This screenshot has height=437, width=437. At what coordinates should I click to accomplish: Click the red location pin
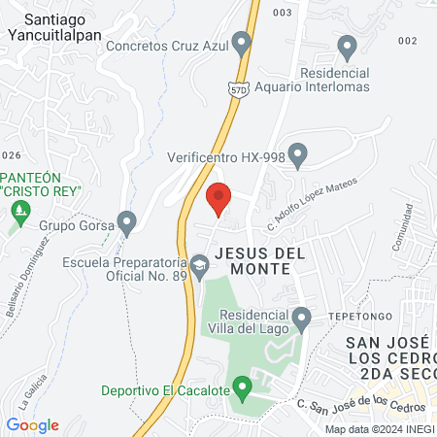[x=219, y=197]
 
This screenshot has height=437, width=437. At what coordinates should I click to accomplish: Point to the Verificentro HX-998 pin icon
[x=298, y=153]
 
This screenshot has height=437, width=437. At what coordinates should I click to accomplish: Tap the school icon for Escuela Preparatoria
[x=199, y=264]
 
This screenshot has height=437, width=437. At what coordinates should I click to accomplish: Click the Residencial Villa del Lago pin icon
[x=302, y=317]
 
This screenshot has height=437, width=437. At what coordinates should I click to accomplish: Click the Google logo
[x=32, y=425]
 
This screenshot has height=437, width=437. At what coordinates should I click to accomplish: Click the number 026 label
[x=11, y=155]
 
